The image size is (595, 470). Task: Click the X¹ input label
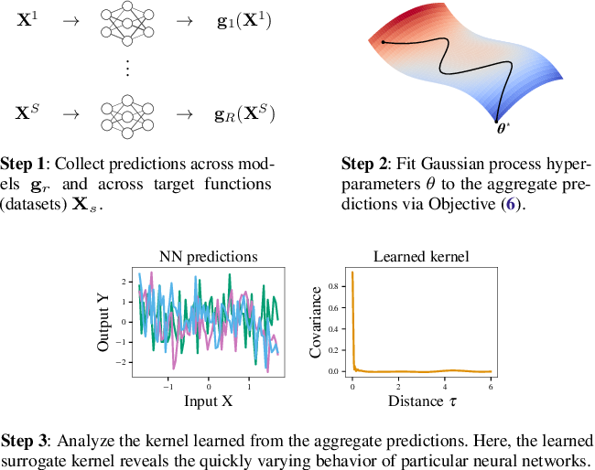coord(27,19)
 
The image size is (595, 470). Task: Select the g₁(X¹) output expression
coord(244,21)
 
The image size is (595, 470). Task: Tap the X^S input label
coord(27,112)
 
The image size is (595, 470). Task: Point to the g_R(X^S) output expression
coord(244,113)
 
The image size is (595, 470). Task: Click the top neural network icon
coord(127,24)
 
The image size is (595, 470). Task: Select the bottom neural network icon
coord(127,117)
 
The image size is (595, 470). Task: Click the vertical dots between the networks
coord(127,68)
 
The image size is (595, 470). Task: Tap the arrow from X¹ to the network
coord(71,21)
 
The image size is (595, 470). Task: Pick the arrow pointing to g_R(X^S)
coord(185,114)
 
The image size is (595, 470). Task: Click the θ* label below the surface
coord(503,129)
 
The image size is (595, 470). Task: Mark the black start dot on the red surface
coord(384,42)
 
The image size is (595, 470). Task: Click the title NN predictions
coord(209,257)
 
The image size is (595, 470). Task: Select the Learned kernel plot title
coord(421,257)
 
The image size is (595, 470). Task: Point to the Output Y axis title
coord(103,323)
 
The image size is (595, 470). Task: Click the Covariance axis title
coord(315,322)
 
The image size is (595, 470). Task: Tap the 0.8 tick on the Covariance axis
coord(333,286)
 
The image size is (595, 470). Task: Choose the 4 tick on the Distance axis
coord(445,387)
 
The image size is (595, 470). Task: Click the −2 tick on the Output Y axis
coord(124,362)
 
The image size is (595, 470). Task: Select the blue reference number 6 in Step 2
coord(511,204)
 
